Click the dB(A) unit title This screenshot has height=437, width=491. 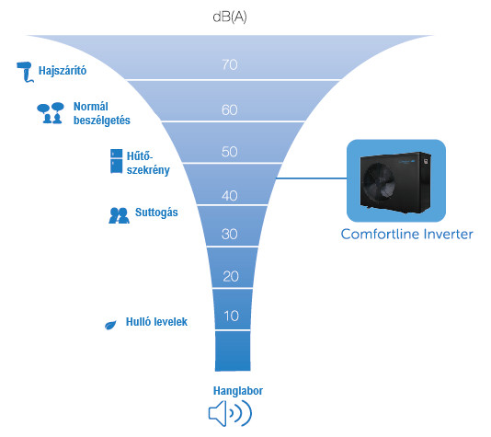(x=230, y=17)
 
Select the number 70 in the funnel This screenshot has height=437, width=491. (x=230, y=64)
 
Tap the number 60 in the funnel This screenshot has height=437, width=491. (x=230, y=110)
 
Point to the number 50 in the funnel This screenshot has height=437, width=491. (x=230, y=152)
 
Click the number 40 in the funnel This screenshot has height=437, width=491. (x=230, y=196)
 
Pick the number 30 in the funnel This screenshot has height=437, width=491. (x=230, y=234)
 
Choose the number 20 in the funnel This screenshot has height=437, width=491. (x=231, y=276)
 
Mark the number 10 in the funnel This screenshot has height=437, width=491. (x=232, y=316)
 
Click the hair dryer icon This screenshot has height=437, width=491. (x=25, y=71)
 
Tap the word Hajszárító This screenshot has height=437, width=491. (x=63, y=71)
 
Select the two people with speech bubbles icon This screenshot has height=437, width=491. (x=51, y=113)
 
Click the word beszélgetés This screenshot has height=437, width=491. (x=102, y=121)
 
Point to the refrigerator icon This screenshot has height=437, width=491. (x=117, y=161)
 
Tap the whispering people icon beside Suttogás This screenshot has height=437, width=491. (x=119, y=215)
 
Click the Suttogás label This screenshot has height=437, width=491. (x=156, y=213)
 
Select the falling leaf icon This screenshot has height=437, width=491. (x=110, y=325)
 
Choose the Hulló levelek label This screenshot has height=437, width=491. (x=156, y=322)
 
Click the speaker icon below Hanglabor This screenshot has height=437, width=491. (x=230, y=413)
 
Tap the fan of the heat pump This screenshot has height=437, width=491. (x=378, y=184)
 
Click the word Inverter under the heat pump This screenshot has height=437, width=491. (x=448, y=234)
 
